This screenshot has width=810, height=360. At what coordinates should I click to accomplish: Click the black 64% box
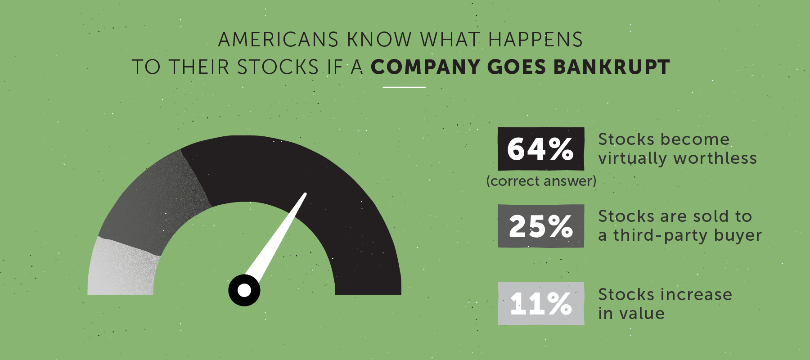540,148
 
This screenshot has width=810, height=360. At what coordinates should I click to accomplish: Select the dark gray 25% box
540,226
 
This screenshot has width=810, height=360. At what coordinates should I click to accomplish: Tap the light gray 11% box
540,303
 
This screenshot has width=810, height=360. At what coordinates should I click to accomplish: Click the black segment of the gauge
315,180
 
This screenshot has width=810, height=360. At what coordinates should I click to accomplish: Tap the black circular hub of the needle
244,290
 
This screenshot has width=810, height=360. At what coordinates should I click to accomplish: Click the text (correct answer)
541,181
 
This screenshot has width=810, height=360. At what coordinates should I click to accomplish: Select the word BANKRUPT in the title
612,67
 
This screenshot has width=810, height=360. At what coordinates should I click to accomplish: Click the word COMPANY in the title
425,67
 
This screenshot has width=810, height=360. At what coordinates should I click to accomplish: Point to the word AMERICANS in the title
278,40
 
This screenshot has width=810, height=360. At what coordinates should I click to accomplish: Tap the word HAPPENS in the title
535,40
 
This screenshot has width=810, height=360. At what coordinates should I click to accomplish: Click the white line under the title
404,87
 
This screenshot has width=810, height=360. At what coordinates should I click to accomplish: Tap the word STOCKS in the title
278,67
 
